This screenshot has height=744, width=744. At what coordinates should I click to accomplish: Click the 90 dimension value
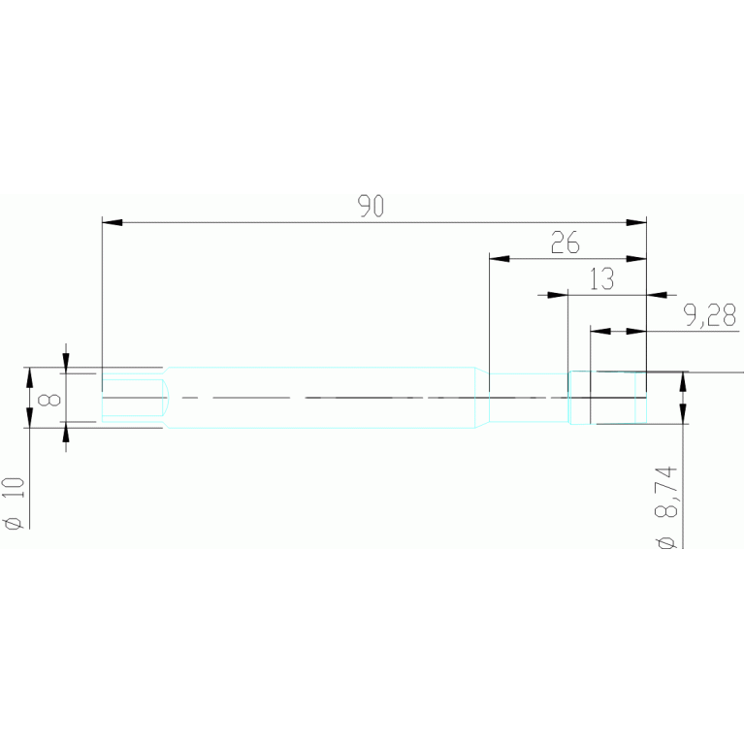click(372, 206)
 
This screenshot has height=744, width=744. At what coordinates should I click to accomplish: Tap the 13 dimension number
click(601, 279)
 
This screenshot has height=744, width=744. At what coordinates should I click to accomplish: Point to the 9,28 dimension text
click(709, 315)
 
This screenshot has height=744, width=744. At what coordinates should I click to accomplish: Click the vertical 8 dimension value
click(53, 398)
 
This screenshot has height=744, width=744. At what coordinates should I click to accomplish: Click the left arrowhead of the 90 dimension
click(113, 223)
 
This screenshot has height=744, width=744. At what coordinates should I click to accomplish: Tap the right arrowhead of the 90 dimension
click(636, 223)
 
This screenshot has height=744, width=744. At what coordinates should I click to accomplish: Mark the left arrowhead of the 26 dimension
click(500, 259)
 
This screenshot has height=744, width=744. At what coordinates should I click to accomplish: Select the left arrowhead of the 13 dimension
click(556, 294)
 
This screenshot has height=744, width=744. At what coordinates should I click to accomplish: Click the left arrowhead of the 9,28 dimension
click(601, 332)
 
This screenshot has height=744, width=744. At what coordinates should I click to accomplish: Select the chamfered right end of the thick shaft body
click(481, 397)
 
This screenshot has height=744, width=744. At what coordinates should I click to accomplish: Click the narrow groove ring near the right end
click(579, 398)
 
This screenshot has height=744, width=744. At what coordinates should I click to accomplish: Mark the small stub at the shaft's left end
click(131, 398)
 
